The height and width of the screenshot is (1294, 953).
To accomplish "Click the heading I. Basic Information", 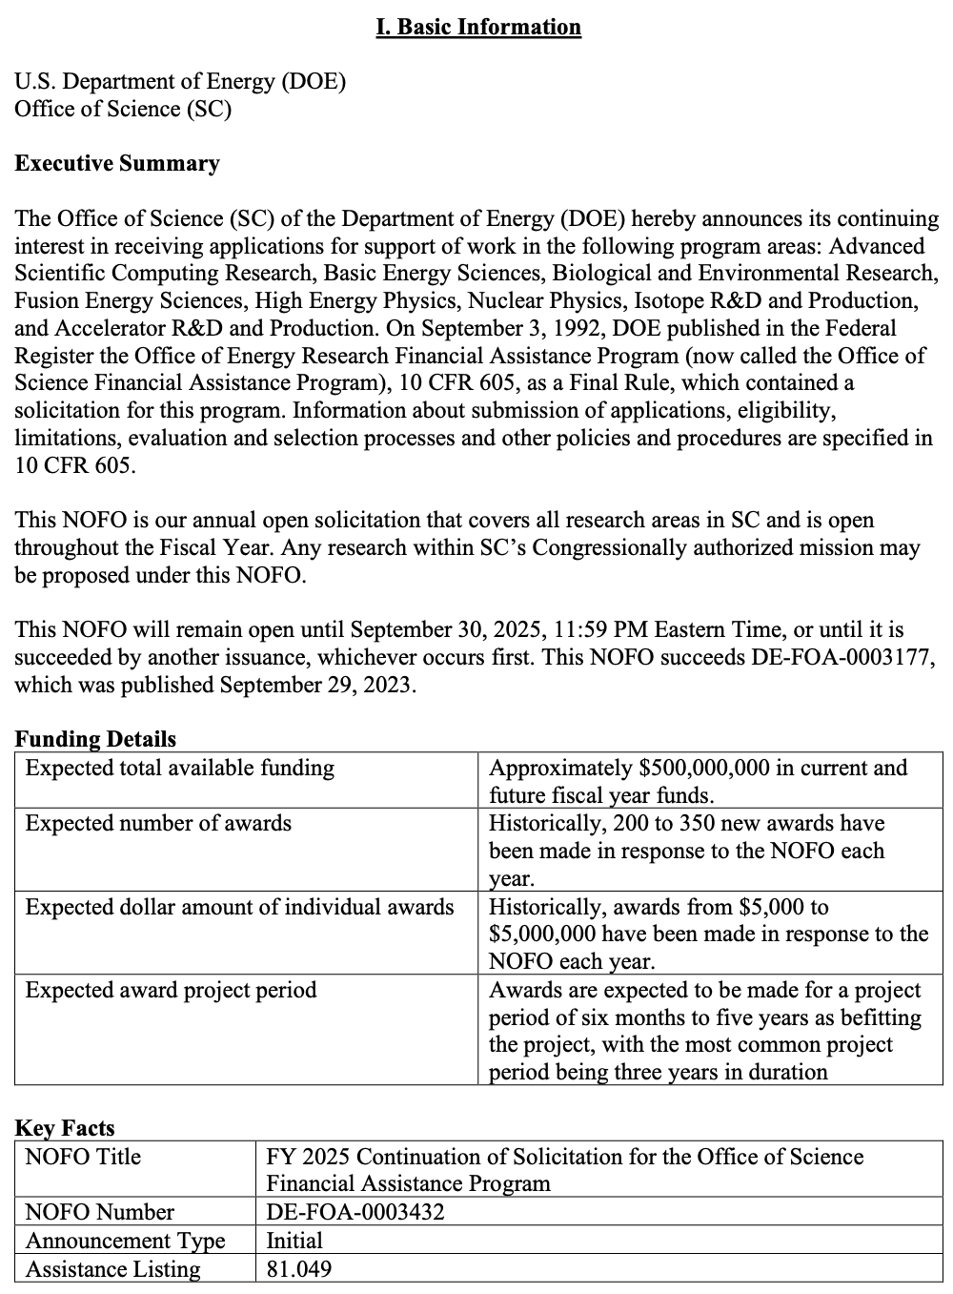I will pyautogui.click(x=478, y=27).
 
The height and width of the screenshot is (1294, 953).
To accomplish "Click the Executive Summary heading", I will pyautogui.click(x=117, y=164).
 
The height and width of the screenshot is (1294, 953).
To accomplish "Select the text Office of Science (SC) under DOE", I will pyautogui.click(x=123, y=109).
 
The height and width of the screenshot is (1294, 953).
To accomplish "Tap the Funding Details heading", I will pyautogui.click(x=95, y=739).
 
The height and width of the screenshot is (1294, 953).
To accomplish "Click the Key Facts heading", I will pyautogui.click(x=65, y=1128).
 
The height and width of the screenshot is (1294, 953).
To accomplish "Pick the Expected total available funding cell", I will pyautogui.click(x=180, y=769).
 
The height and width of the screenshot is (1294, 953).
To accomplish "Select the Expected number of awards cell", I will pyautogui.click(x=158, y=824).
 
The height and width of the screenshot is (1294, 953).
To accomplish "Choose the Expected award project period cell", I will pyautogui.click(x=171, y=990).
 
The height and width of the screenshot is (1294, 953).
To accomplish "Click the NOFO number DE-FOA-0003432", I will pyautogui.click(x=355, y=1212).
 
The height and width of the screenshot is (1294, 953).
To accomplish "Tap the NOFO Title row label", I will pyautogui.click(x=83, y=1157).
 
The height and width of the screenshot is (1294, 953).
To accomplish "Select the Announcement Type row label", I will pyautogui.click(x=126, y=1241).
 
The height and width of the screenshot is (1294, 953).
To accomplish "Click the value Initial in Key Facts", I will pyautogui.click(x=294, y=1241).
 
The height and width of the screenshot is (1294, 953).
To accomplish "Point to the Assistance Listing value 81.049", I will pyautogui.click(x=299, y=1269).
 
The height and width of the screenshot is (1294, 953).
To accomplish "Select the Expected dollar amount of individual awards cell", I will pyautogui.click(x=239, y=907).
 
